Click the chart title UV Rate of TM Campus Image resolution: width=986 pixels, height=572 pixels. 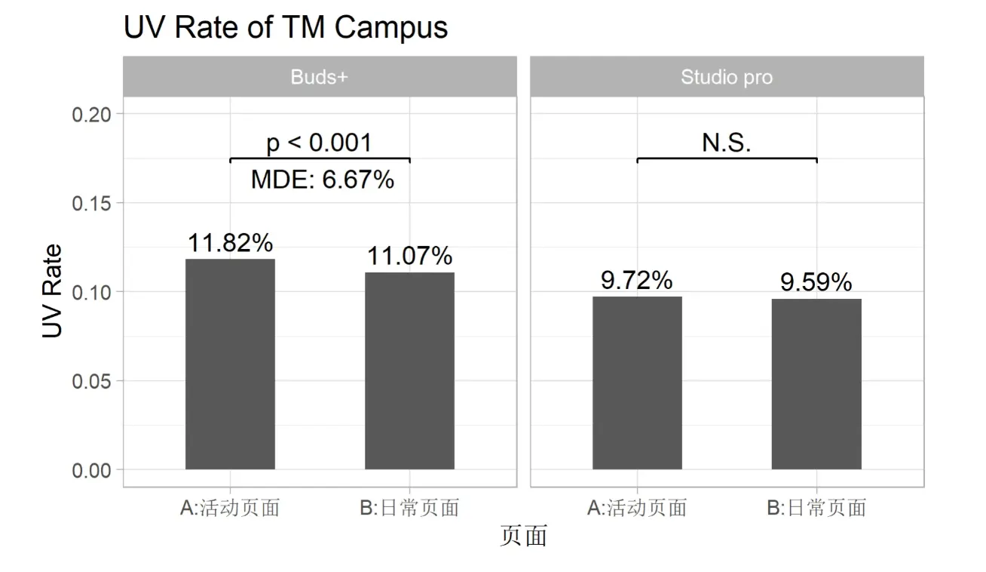point(285,27)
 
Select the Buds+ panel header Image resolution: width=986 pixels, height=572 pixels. point(320,77)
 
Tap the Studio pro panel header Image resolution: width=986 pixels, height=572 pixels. point(727,77)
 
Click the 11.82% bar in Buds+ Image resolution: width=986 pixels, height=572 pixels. point(230,364)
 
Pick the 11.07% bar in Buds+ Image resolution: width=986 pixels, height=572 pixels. point(409,371)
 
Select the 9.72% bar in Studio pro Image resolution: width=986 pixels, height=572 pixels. point(637,383)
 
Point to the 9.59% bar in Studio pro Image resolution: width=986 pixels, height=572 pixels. point(816,384)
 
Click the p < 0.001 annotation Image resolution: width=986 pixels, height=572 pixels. point(320,143)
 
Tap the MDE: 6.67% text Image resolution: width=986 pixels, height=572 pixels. point(322,180)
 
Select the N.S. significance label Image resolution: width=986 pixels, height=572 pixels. point(727,143)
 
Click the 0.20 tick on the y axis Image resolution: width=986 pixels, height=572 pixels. point(91,114)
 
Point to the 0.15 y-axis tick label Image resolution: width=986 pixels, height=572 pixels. point(91,203)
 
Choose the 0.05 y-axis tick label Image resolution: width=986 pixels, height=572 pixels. point(91,381)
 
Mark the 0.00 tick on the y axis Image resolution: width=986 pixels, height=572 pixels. point(91,470)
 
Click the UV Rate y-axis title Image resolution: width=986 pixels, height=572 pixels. point(52,291)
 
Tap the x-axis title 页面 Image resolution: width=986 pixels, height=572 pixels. point(523,536)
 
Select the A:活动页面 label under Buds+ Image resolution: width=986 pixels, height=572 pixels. point(230,508)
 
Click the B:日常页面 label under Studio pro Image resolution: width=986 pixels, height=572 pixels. point(816,508)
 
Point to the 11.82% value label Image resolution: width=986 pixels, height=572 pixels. point(230,243)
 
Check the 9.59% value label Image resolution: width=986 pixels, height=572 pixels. point(816,282)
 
